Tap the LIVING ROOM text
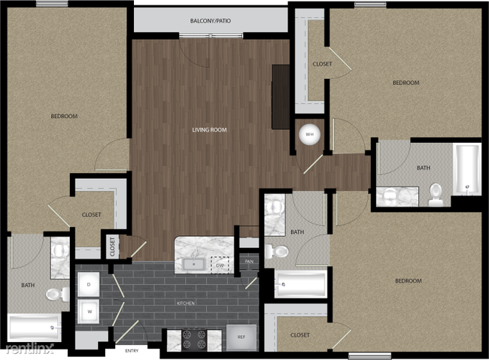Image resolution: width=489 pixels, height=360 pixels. (x=209, y=130)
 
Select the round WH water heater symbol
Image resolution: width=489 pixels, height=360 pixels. (x=308, y=135)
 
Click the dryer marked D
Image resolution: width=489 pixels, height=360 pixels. (x=88, y=284)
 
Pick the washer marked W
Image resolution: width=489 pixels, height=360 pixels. (x=88, y=310)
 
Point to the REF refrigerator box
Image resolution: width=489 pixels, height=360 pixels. (x=240, y=337)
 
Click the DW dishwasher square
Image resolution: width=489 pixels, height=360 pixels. (x=220, y=265)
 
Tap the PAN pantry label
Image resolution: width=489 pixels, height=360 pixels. (x=249, y=262)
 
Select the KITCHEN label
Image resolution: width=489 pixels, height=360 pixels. (x=185, y=303)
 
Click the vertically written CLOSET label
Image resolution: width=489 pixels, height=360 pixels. (x=113, y=246)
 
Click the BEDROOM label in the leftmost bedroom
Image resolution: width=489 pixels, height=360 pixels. (x=64, y=116)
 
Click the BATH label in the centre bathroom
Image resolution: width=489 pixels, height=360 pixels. (x=297, y=232)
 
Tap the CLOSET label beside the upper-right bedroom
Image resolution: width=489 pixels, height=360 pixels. (x=322, y=65)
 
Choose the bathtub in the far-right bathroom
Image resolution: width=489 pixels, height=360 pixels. (x=466, y=169)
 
